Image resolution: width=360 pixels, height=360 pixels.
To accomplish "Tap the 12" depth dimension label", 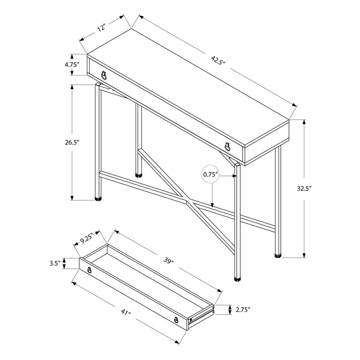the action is pos(100,28).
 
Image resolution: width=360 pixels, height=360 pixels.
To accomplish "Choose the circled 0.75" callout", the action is pos(210,174).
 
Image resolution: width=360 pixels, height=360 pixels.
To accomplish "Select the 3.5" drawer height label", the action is pos(55,264).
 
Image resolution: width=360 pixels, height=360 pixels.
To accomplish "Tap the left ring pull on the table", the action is pos(104,75).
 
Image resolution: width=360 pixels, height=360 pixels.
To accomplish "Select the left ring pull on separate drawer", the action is pos(90,270).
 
